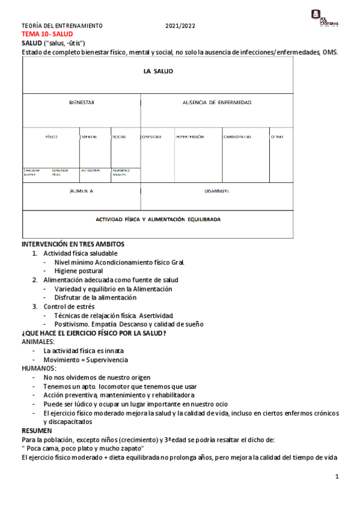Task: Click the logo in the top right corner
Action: [x=324, y=17]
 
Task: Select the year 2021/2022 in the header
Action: [x=180, y=26]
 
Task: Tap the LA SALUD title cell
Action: [x=158, y=71]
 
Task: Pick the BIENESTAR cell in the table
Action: [x=81, y=103]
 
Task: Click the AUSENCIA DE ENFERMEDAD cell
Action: [x=217, y=103]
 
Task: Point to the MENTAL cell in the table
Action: [x=89, y=137]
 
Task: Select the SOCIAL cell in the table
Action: [x=119, y=137]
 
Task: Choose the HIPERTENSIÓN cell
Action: [x=190, y=137]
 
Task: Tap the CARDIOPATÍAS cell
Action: [x=237, y=137]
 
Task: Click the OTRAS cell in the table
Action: [x=277, y=137]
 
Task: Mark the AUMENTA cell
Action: [x=81, y=191]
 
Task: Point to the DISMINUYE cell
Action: [x=217, y=191]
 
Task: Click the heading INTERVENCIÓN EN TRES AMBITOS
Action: [x=73, y=245]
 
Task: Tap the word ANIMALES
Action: [x=38, y=342]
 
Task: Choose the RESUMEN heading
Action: [x=37, y=431]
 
